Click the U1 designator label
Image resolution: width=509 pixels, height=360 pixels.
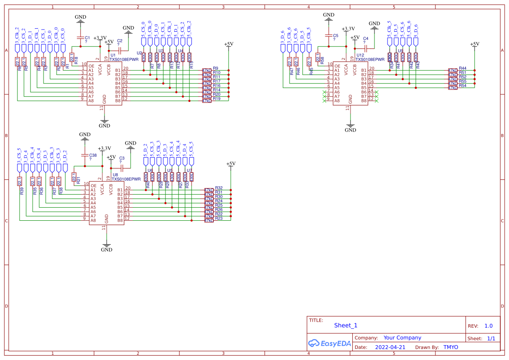pos(113,55)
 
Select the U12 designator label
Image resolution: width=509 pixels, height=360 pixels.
pos(360,55)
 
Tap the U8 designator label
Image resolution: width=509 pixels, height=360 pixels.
pos(115,175)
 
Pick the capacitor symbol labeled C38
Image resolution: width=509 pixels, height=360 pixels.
pos(84,155)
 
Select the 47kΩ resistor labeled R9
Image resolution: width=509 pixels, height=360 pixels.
pos(206,70)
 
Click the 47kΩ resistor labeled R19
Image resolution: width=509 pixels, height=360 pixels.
pos(206,101)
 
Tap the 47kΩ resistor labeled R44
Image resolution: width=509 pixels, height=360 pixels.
pos(453,70)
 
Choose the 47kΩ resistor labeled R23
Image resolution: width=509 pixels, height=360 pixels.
pos(209,220)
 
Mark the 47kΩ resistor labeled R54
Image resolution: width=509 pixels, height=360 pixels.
pos(453,87)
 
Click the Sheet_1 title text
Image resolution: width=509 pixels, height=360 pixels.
pos(346,325)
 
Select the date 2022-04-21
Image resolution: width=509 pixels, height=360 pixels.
pos(390,347)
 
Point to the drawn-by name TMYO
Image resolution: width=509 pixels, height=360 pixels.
pos(451,347)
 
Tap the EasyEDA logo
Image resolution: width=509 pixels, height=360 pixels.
pos(330,343)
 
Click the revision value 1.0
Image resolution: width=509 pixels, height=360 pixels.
pos(488,326)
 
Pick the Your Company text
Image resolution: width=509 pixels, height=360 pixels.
pos(402,337)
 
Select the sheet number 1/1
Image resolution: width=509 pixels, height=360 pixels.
pos(491,338)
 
